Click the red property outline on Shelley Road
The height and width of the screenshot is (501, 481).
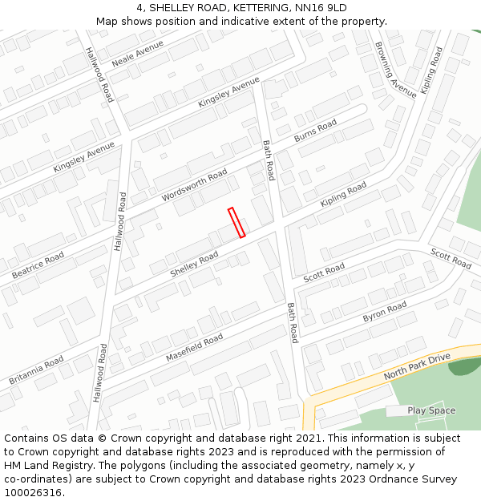pos(236,223)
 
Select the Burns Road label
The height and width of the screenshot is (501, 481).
pos(315,132)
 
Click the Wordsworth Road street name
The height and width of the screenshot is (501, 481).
pos(195,187)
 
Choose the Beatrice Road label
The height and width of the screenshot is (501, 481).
pos(38,265)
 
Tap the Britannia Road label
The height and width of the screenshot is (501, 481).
pos(36,370)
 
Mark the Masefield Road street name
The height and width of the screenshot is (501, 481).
pos(194,348)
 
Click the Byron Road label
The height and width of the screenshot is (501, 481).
pos(385,312)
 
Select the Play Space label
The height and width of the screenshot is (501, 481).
pos(431,410)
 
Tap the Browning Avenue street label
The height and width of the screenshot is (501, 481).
pos(395,69)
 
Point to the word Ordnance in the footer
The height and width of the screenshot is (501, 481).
pos(390,479)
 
